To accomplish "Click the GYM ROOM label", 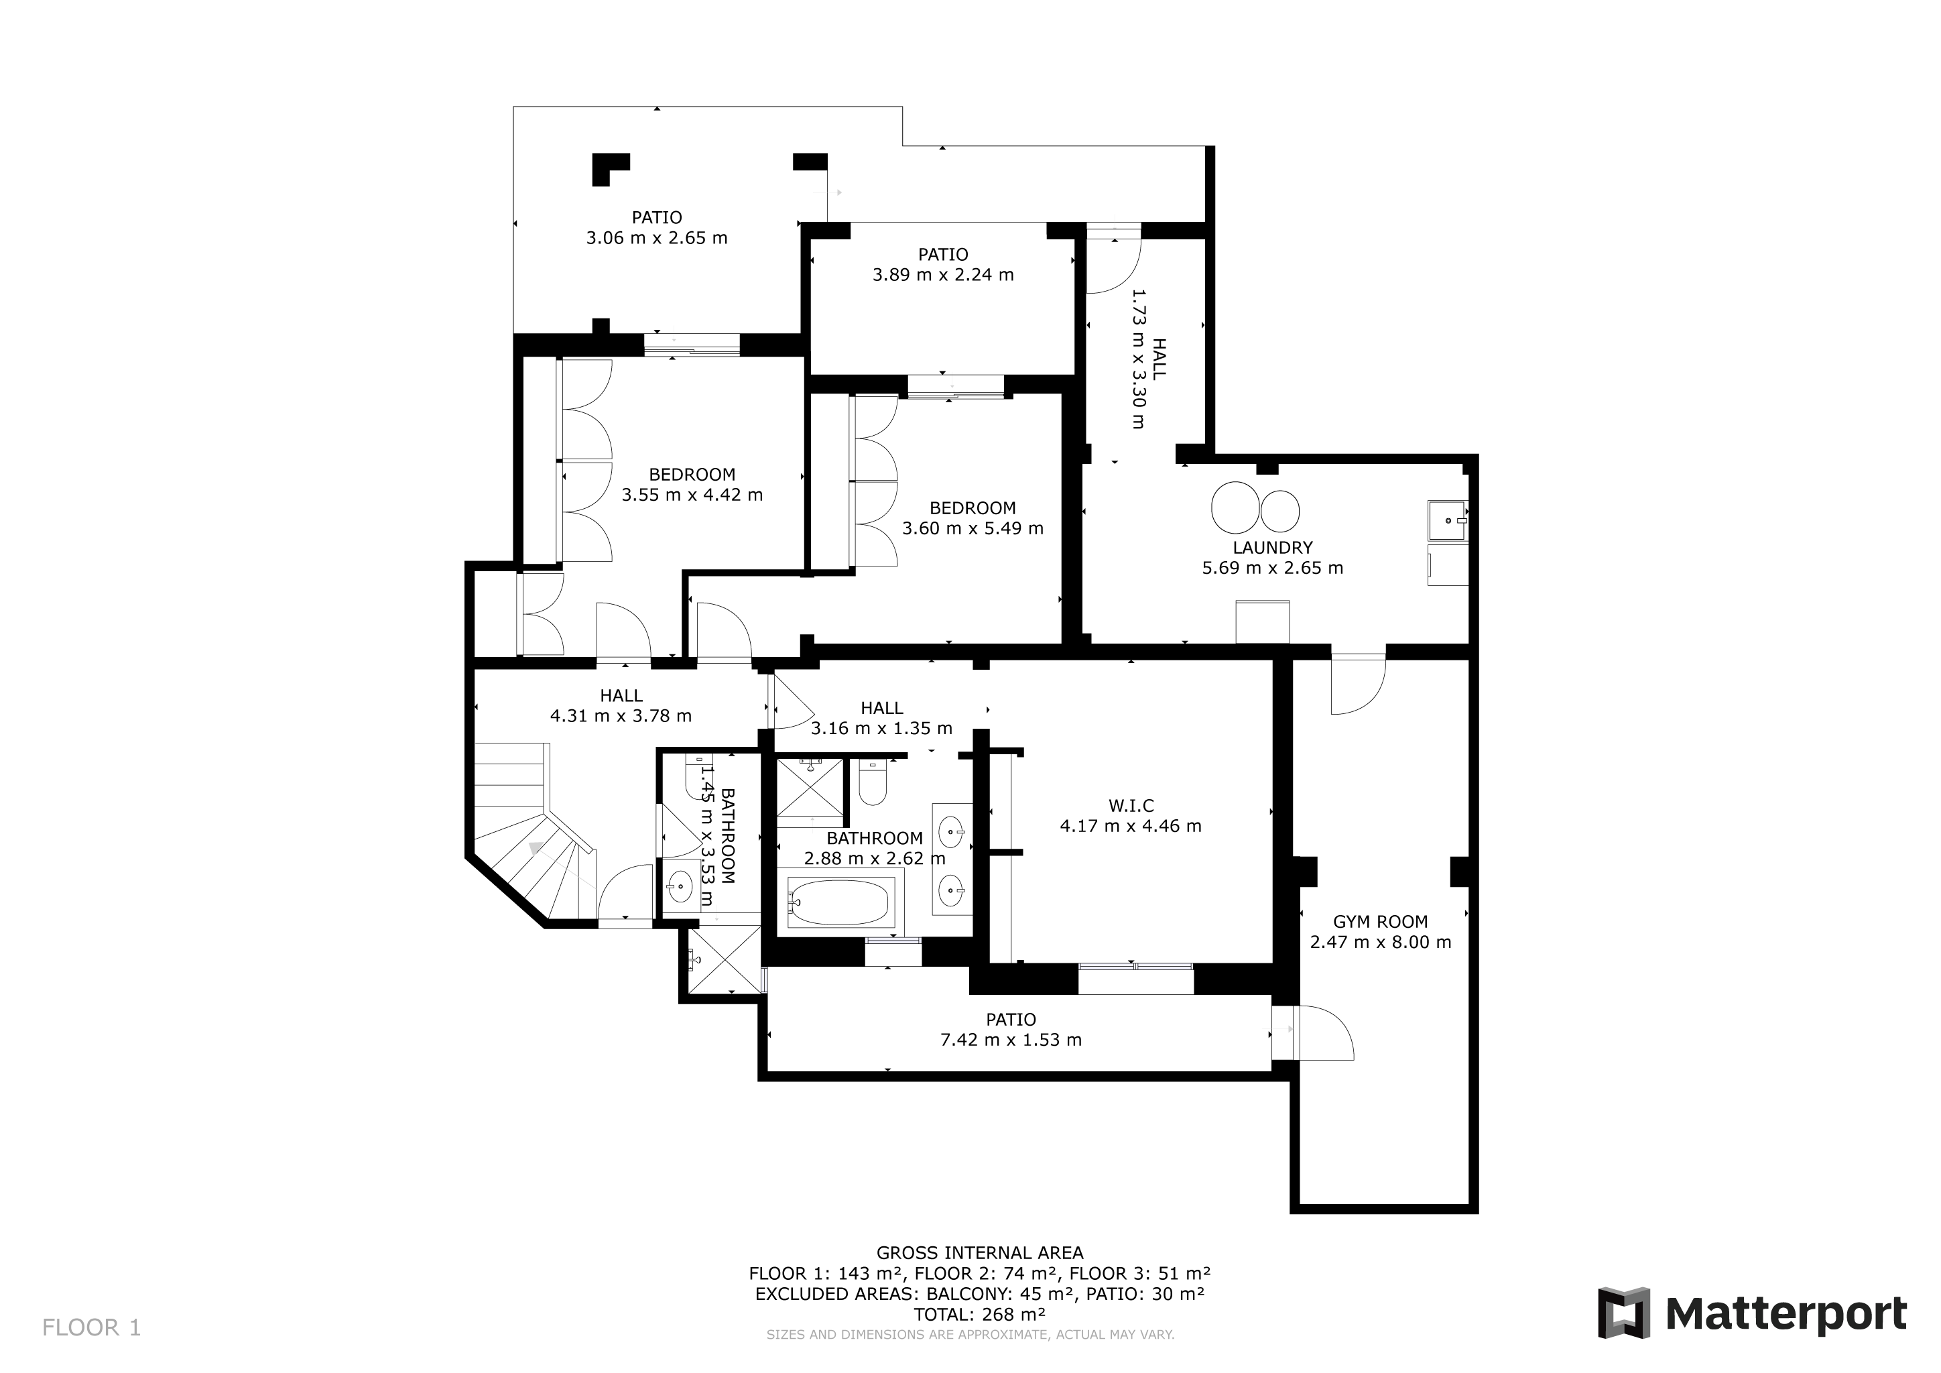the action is coord(1381,922).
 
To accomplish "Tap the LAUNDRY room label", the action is coord(1272,547).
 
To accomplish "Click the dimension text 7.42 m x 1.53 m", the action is coord(1011,1040).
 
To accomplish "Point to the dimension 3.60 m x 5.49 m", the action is coord(973,528).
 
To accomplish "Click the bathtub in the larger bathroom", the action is coord(840,903).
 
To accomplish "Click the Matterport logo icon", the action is coord(1623,1313).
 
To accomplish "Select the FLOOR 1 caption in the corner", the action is coord(91,1327).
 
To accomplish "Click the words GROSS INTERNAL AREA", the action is coord(979,1253).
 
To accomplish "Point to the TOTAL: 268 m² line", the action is coord(979,1315).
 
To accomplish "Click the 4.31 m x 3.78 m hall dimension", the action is coord(621,716).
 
